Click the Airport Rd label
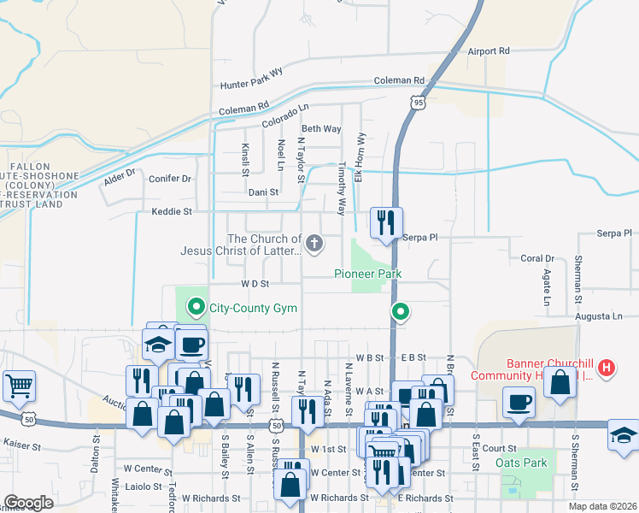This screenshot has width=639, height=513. click(489, 51)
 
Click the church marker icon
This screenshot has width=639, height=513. click(314, 245)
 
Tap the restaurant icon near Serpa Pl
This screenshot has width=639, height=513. click(385, 222)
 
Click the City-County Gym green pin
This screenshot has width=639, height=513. click(196, 305)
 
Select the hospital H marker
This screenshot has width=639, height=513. click(607, 369)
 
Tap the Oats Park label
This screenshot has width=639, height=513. click(521, 463)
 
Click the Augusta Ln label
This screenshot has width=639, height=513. click(599, 315)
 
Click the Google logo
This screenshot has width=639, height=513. click(28, 503)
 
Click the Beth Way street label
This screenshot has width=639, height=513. click(321, 129)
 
